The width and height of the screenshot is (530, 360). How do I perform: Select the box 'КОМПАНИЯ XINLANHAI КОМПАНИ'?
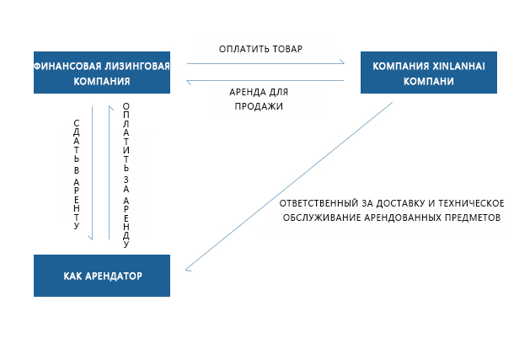[x=428, y=73]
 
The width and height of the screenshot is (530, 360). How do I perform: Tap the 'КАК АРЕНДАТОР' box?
[x=102, y=276]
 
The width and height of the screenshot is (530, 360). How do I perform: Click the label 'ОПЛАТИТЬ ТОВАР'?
[x=260, y=49]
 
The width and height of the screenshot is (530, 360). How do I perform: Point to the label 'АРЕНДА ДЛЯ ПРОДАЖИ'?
[x=260, y=99]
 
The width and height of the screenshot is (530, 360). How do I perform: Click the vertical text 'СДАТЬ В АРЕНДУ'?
[x=77, y=174]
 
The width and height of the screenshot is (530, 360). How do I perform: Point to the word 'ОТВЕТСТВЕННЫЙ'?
[x=316, y=203]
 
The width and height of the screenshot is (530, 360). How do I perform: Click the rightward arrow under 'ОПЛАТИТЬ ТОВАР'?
[x=265, y=62]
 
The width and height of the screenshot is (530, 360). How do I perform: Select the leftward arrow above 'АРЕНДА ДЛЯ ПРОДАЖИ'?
[x=265, y=82]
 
